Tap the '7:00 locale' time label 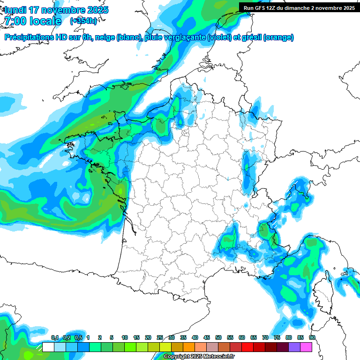coord(33,21)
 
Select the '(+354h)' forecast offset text coord(83,21)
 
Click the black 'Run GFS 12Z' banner coord(299,7)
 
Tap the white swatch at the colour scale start coord(48,347)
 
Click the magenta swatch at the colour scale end coord(306,347)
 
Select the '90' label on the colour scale coord(312,337)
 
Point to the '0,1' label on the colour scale coord(54,337)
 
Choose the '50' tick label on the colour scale coord(218,337)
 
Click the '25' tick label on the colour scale coord(160,337)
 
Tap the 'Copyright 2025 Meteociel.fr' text coord(199,357)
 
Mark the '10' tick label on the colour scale coord(125,337)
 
